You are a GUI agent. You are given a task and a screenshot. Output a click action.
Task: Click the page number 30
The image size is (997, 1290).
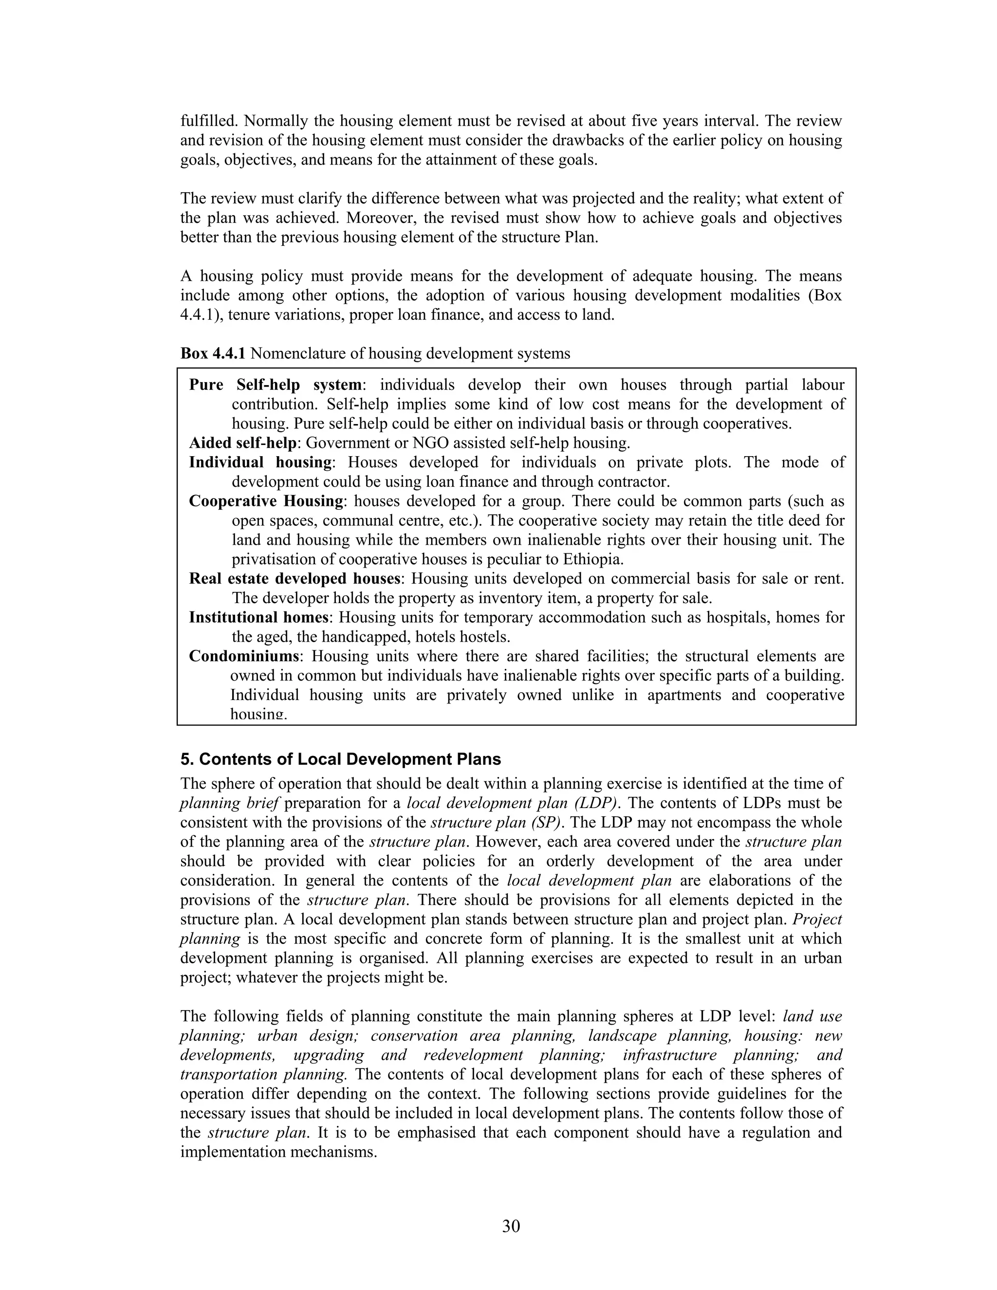(x=511, y=1227)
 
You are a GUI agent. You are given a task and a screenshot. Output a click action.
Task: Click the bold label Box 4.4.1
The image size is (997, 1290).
(x=213, y=353)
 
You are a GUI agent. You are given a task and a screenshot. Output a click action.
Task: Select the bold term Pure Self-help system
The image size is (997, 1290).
(x=275, y=385)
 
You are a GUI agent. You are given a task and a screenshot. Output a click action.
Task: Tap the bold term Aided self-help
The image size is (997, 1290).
(x=243, y=443)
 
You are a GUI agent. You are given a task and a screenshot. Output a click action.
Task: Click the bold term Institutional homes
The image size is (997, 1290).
(x=258, y=617)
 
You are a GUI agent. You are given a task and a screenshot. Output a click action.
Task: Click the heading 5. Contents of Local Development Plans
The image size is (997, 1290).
(x=341, y=759)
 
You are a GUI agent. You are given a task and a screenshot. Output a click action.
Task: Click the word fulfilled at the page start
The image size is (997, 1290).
(x=208, y=121)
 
